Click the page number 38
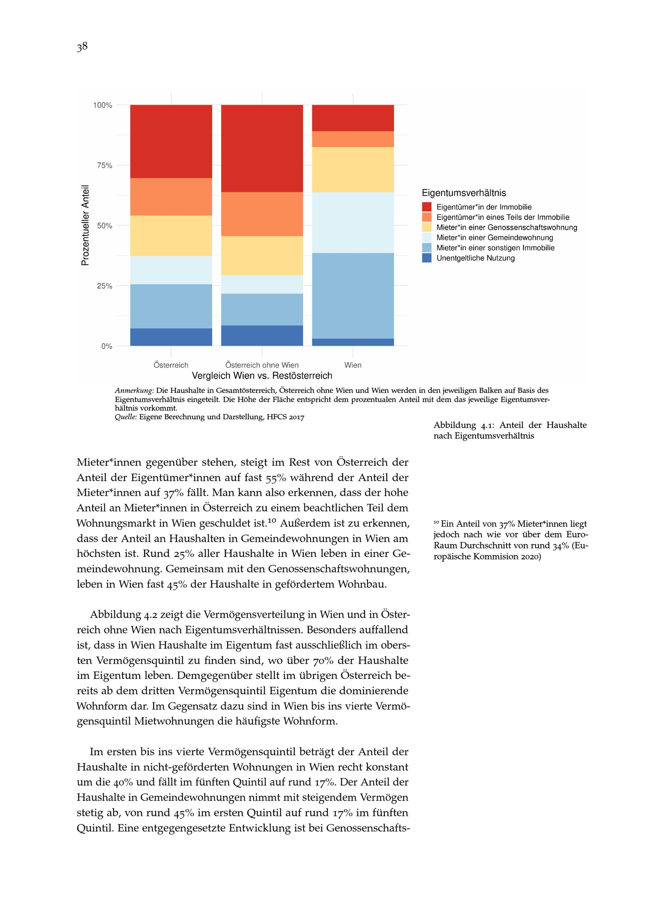coord(82,47)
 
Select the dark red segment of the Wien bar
coord(353,118)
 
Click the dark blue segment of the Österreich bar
coord(171,337)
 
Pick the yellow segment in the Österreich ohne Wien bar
coord(262,255)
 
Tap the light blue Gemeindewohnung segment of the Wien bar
coord(353,223)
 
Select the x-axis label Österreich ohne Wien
coord(262,365)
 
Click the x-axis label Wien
coord(353,365)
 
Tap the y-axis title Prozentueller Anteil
coord(85,225)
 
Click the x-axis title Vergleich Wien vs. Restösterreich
coord(262,376)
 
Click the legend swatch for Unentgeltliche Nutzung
coord(426,258)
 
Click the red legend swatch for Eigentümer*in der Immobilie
coord(426,207)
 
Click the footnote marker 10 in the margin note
coord(436,522)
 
